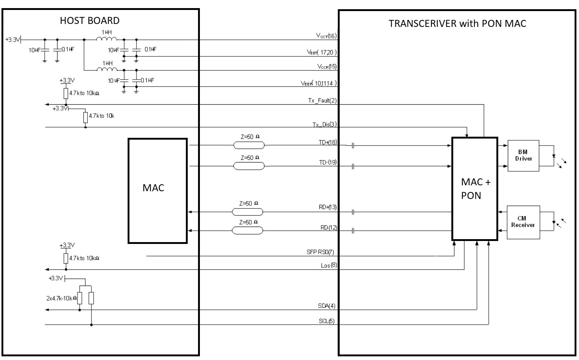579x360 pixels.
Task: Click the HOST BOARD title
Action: [90, 21]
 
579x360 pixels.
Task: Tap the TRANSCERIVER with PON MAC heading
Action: [457, 24]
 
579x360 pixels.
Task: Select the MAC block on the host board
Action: [157, 191]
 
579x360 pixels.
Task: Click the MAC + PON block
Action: [475, 189]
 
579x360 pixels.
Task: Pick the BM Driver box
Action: [523, 155]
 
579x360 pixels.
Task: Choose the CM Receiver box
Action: [523, 222]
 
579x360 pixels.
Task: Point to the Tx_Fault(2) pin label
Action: [322, 100]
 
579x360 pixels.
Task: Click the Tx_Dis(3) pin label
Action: [325, 125]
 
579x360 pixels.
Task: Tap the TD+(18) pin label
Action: [327, 142]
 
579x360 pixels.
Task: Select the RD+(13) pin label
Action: [327, 207]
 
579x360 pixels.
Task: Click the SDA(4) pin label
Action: [326, 306]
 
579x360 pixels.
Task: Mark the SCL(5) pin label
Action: [326, 321]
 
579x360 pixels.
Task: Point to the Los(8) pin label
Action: [329, 265]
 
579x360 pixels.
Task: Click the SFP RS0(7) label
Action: [320, 252]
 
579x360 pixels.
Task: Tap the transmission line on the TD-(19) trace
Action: [249, 166]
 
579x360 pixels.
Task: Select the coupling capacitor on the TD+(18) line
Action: [353, 146]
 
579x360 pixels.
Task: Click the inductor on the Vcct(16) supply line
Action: [107, 39]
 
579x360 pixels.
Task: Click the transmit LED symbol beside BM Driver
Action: [554, 156]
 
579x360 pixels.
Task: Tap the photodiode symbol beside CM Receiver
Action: [554, 222]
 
